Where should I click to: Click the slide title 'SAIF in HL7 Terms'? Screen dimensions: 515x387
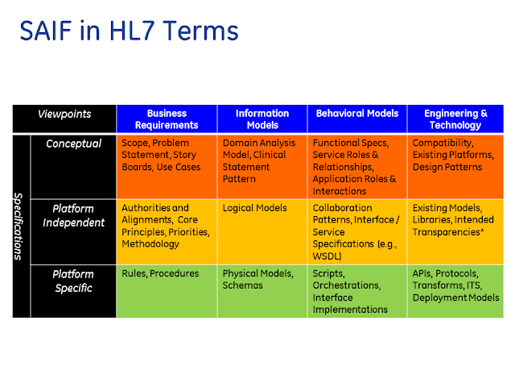pyautogui.click(x=129, y=31)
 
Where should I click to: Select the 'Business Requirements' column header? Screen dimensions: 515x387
pyautogui.click(x=167, y=119)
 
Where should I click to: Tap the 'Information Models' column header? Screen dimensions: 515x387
pyautogui.click(x=262, y=119)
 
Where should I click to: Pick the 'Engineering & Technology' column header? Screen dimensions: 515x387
pyautogui.click(x=455, y=119)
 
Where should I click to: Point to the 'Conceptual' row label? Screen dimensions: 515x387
pyautogui.click(x=73, y=144)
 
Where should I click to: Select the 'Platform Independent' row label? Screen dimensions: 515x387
pyautogui.click(x=73, y=215)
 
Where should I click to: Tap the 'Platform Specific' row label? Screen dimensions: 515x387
pyautogui.click(x=73, y=281)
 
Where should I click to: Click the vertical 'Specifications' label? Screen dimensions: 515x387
pyautogui.click(x=19, y=227)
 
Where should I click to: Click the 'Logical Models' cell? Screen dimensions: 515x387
pyautogui.click(x=255, y=208)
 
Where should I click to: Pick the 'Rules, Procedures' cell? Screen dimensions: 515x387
pyautogui.click(x=160, y=273)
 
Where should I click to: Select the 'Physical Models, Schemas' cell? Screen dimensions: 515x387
pyautogui.click(x=258, y=280)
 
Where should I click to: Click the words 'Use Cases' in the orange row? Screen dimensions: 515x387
pyautogui.click(x=179, y=167)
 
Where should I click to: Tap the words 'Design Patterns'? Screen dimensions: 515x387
pyautogui.click(x=447, y=167)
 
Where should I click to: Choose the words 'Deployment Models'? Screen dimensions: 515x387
pyautogui.click(x=456, y=298)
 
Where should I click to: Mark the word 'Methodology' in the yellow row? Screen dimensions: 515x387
pyautogui.click(x=150, y=244)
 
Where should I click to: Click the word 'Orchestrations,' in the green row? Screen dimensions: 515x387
pyautogui.click(x=347, y=285)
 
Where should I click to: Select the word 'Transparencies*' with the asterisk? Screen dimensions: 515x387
pyautogui.click(x=448, y=232)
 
